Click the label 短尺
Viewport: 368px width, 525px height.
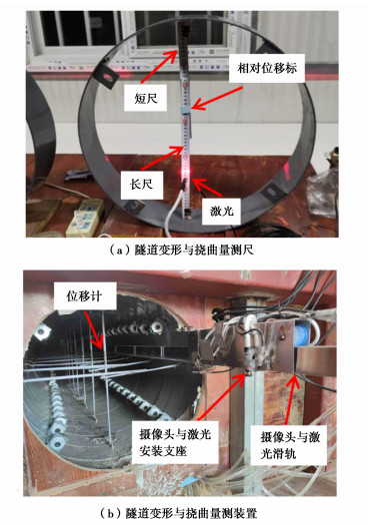pos(146,99)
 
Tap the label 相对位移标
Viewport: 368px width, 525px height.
pos(267,68)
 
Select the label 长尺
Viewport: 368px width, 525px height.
pos(141,185)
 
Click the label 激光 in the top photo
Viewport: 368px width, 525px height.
pos(221,211)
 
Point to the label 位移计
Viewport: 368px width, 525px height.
pos(84,296)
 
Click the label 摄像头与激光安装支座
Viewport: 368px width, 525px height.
pos(175,442)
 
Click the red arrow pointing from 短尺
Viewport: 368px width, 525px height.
pos(159,66)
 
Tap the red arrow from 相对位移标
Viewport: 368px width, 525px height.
pos(218,99)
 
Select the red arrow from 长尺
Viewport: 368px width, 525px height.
pos(162,158)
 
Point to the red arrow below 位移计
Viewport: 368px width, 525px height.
pos(94,330)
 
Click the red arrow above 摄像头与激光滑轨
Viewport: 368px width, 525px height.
pos(290,399)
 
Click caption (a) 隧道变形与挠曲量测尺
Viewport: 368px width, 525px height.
pos(181,250)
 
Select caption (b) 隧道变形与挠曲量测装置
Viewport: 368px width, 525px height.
pos(179,513)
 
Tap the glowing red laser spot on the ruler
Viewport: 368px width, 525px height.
pos(186,172)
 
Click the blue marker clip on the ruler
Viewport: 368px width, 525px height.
pos(185,110)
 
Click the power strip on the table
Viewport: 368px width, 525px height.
pos(85,217)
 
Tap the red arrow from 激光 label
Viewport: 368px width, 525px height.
pos(207,188)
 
